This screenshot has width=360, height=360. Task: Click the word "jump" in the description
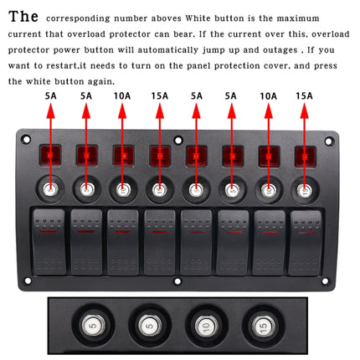tap(227, 49)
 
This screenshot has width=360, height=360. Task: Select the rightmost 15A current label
tap(304, 96)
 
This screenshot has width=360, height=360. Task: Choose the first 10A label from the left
tap(121, 96)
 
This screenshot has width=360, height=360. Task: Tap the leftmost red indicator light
tap(49, 156)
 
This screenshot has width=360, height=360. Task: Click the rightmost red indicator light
tap(305, 156)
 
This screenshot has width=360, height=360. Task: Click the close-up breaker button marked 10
tap(202, 324)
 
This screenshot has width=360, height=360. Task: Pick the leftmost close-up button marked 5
tap(91, 324)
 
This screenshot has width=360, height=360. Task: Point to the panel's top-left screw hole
tap(26, 140)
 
